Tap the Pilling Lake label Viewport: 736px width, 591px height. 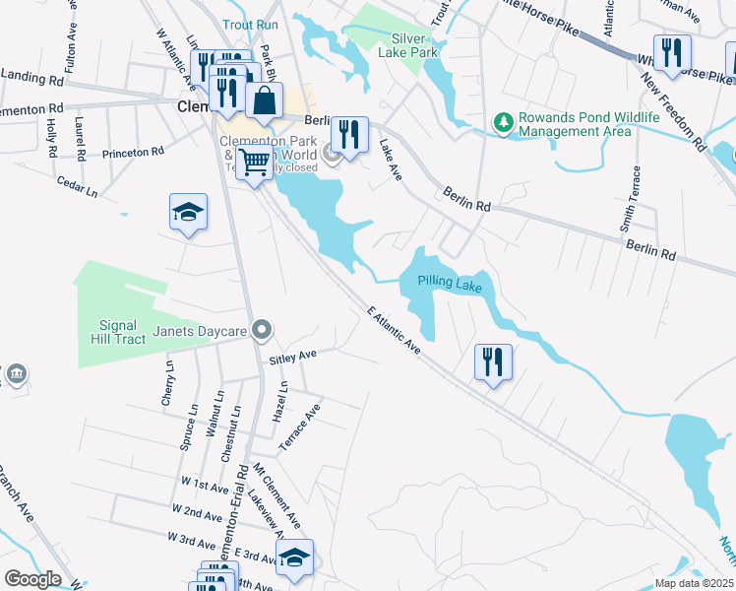(449, 284)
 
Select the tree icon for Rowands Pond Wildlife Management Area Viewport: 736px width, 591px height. (504, 122)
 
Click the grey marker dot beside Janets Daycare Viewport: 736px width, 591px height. (261, 330)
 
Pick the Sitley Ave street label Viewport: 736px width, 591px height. (293, 356)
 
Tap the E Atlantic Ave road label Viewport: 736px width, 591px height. (394, 330)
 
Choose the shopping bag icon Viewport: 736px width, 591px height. (264, 100)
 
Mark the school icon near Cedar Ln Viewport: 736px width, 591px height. (188, 212)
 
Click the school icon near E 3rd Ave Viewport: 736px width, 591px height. (294, 558)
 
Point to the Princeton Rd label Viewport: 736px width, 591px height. (132, 153)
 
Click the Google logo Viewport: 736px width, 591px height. (32, 579)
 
